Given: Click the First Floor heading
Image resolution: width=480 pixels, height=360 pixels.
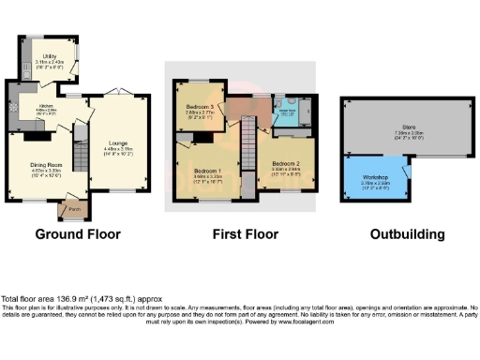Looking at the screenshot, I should [x=240, y=234].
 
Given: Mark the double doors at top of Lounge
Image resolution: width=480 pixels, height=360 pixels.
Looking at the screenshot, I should [x=117, y=92].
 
